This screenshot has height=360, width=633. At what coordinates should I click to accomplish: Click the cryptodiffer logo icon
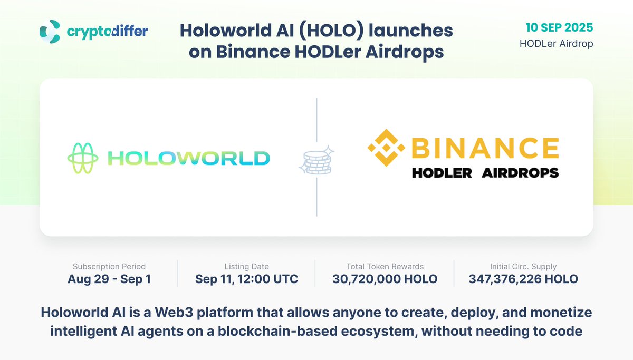(x=50, y=32)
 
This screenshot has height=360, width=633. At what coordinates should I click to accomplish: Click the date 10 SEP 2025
(x=560, y=27)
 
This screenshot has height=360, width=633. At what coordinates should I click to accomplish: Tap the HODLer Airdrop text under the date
(x=556, y=44)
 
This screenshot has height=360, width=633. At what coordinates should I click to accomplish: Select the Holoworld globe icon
(x=82, y=158)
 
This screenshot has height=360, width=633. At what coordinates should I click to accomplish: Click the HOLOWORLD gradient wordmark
(x=188, y=158)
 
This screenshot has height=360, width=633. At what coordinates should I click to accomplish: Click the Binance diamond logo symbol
(x=386, y=148)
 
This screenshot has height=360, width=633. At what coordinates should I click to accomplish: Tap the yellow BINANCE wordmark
(x=484, y=148)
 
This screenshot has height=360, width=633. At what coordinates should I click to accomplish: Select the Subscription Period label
(x=109, y=267)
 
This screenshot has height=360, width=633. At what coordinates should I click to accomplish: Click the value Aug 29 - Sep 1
(x=109, y=279)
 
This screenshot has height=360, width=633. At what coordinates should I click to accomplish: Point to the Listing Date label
(x=246, y=267)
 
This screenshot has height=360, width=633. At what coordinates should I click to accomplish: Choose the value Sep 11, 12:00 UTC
(x=246, y=279)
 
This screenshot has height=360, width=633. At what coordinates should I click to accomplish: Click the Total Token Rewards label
(x=385, y=267)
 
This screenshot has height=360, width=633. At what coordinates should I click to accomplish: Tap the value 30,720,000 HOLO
(x=385, y=279)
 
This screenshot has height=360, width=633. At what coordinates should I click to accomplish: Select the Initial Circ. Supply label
(x=523, y=267)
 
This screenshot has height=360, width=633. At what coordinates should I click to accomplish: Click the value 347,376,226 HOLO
(x=523, y=279)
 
